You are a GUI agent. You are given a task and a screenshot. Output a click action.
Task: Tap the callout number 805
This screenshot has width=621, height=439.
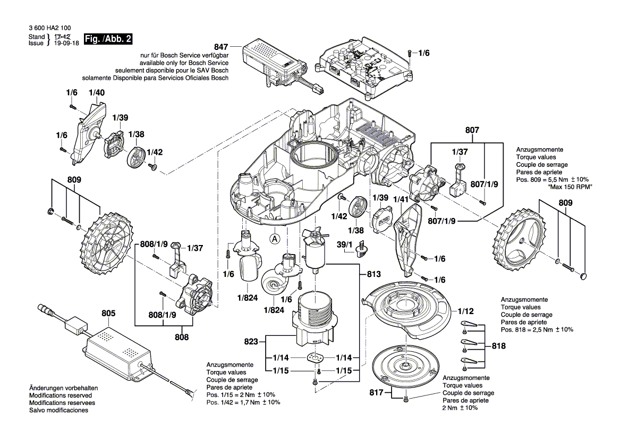[108, 314]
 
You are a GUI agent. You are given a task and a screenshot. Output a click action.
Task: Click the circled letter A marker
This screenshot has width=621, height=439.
[275, 239]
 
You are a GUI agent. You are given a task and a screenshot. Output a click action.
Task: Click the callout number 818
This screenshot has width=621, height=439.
[499, 345]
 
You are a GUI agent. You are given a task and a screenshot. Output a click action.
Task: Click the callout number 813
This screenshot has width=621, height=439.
[373, 274]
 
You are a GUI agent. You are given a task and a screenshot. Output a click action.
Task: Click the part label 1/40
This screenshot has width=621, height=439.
[97, 92]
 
